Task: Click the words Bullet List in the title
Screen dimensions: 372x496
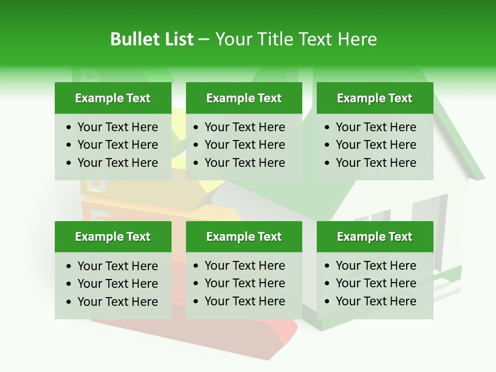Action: [x=151, y=39]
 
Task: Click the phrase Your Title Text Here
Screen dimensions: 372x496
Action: [x=296, y=39]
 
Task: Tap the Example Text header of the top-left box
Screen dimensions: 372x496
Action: [x=113, y=98]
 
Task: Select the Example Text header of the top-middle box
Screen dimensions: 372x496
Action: [x=244, y=98]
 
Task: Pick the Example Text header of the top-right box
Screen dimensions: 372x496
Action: [x=375, y=98]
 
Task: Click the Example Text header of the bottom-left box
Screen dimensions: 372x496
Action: [x=113, y=237]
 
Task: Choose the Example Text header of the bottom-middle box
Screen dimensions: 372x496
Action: [x=244, y=237]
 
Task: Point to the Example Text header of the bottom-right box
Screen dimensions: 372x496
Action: [x=375, y=237]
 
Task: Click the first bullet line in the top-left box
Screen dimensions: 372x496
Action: [x=117, y=127]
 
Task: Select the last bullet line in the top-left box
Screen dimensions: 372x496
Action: [x=117, y=163]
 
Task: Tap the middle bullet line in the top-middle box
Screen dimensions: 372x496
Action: [x=244, y=145]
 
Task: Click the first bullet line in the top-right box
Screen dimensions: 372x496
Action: [x=376, y=127]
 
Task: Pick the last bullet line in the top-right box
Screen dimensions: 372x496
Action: [x=376, y=163]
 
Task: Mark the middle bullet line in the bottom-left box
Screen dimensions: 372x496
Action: [x=117, y=284]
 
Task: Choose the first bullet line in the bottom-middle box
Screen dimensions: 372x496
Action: [x=244, y=266]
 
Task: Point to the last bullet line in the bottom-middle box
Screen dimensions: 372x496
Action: [x=244, y=301]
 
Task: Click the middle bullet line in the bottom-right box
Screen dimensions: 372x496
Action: [x=376, y=283]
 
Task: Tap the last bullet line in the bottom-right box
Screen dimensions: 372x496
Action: [x=376, y=301]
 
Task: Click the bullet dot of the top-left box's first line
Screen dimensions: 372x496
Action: [x=69, y=128]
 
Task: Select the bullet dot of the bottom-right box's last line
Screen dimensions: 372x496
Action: [x=328, y=302]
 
